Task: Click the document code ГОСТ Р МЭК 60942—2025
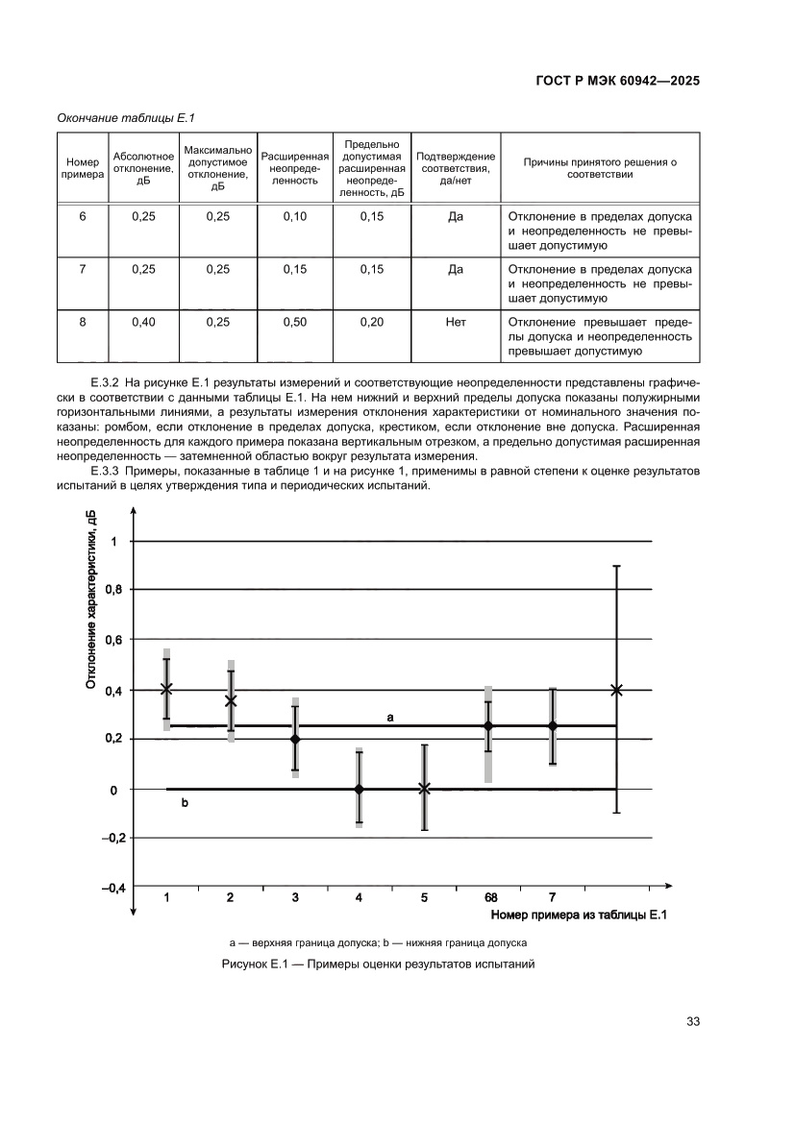click(x=616, y=82)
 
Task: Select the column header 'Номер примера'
click(x=82, y=166)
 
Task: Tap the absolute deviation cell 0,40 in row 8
click(x=143, y=323)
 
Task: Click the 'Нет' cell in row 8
click(x=456, y=323)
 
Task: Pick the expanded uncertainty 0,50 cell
click(x=295, y=323)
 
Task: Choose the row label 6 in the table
click(x=82, y=217)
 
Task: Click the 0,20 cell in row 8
click(x=372, y=323)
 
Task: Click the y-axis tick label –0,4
click(x=113, y=889)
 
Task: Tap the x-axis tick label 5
click(x=424, y=897)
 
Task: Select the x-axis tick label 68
click(x=490, y=897)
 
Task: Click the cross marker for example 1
click(x=166, y=689)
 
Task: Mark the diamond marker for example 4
click(x=359, y=789)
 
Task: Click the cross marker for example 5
click(x=424, y=789)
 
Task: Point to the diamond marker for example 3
click(x=295, y=739)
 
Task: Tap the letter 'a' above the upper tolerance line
click(x=390, y=717)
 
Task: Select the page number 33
click(x=691, y=1021)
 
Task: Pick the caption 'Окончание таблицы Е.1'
click(x=127, y=117)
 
